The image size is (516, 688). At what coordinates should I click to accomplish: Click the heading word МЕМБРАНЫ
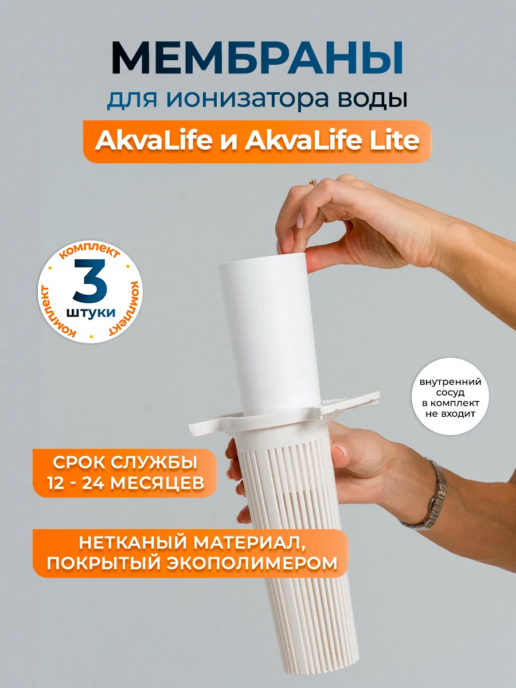pos(257,57)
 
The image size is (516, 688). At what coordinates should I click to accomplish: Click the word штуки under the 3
pos(90,312)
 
